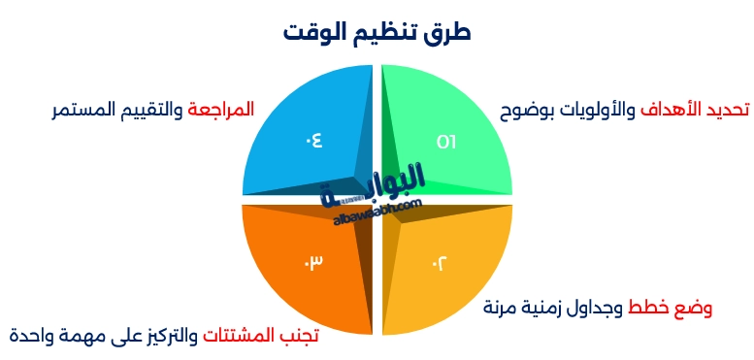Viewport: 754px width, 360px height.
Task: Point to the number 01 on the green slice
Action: point(445,142)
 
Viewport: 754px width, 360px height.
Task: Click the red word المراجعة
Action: point(220,110)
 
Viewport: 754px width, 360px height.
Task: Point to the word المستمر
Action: point(83,110)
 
